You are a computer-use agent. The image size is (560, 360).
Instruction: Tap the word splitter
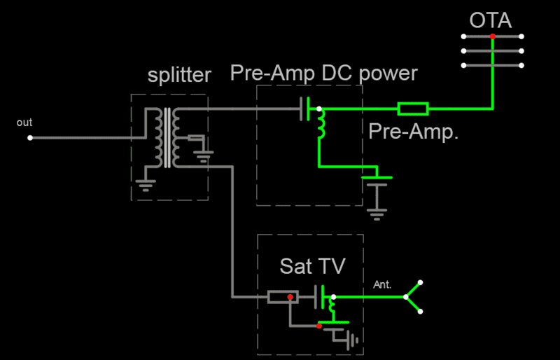[179, 76]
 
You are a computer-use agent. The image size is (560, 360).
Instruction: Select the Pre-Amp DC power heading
[323, 73]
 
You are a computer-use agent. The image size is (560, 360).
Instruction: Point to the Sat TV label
[312, 266]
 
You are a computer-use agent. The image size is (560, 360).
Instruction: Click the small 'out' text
[24, 123]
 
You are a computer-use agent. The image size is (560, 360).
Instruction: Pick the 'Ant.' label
[382, 284]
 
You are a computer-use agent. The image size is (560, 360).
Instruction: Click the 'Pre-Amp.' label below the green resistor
[413, 131]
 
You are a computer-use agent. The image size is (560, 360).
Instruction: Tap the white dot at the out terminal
[30, 138]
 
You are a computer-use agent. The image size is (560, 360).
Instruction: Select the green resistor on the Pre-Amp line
[413, 109]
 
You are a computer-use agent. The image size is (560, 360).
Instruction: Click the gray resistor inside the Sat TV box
[283, 297]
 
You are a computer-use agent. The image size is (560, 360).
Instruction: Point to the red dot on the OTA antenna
[493, 36]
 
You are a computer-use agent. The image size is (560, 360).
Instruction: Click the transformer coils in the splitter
[168, 138]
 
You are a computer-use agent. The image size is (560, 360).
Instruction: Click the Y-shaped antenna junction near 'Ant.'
[407, 297]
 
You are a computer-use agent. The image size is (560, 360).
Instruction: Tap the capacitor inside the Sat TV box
[321, 297]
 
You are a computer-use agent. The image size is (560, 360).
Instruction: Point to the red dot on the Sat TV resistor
[290, 298]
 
